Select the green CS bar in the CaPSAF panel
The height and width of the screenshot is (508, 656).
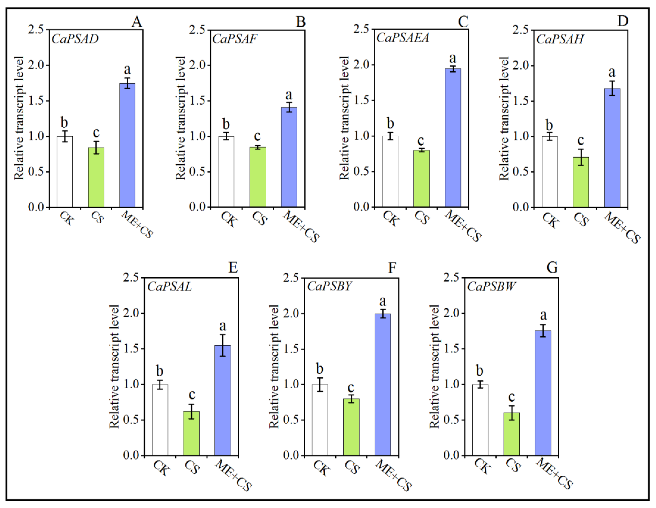pyautogui.click(x=258, y=177)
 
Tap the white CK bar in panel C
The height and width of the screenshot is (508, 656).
pyautogui.click(x=390, y=171)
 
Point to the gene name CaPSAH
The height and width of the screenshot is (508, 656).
pyautogui.click(x=560, y=39)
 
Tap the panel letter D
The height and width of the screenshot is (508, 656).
pyautogui.click(x=623, y=21)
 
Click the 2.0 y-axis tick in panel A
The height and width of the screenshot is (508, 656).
pyautogui.click(x=36, y=65)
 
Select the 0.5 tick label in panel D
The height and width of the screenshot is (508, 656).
pyautogui.click(x=521, y=172)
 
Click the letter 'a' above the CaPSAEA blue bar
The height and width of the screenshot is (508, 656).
pyautogui.click(x=452, y=58)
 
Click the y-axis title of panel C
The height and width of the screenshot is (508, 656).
pyautogui.click(x=344, y=118)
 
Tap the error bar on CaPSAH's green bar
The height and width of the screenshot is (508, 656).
pyautogui.click(x=581, y=157)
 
